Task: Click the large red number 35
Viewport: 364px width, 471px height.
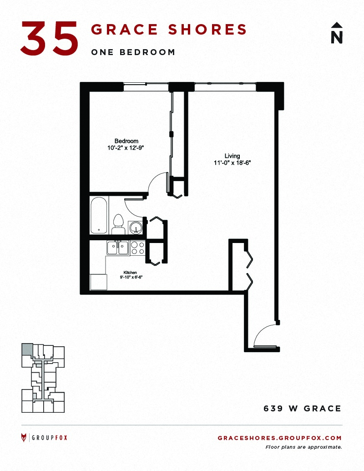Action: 49,38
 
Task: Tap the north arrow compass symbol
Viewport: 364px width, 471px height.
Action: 337,33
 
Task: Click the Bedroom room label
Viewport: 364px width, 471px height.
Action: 126,141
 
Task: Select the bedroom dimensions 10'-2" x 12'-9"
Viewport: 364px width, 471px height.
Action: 126,148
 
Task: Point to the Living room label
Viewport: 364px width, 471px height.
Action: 232,156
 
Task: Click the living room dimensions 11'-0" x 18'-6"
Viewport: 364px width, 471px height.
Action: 232,163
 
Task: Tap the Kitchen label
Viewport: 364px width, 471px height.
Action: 130,273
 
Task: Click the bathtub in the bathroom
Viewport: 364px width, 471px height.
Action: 99,215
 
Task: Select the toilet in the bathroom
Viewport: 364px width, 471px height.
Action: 119,224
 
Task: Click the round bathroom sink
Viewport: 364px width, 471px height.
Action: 136,228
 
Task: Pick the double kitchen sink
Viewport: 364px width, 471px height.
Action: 118,248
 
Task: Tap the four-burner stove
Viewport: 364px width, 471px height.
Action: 137,248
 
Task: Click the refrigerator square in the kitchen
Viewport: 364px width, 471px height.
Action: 99,282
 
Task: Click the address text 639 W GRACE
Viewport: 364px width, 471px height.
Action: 303,409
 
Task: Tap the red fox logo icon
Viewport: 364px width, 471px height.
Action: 24,438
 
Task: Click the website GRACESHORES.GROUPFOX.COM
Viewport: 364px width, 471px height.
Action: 280,438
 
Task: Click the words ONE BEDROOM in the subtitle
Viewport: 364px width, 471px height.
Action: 133,52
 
